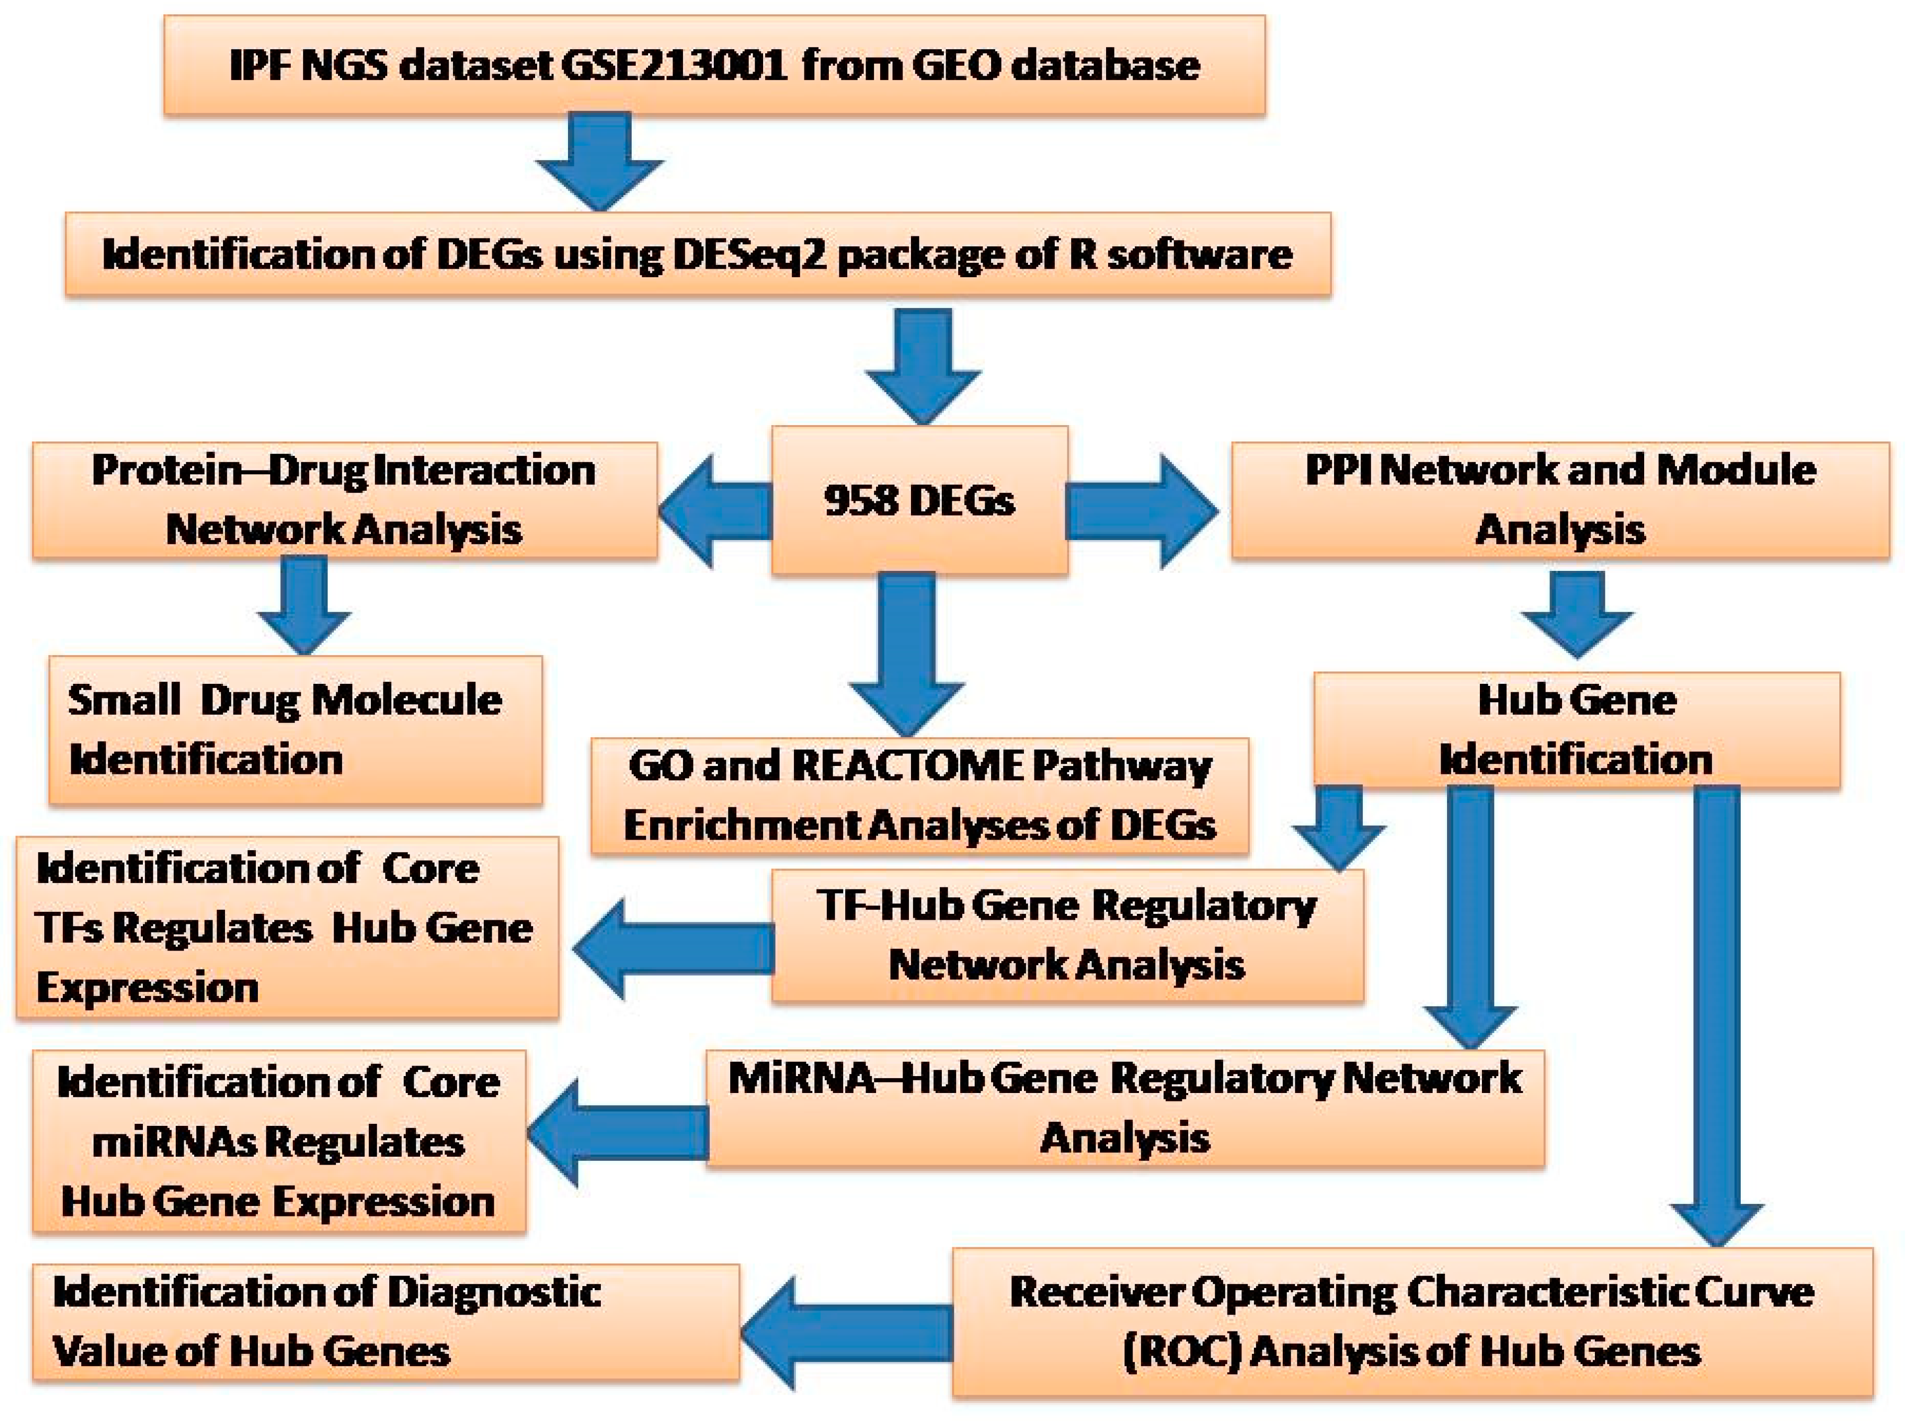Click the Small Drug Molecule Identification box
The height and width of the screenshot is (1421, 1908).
[295, 730]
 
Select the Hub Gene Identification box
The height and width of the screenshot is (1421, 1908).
[1576, 730]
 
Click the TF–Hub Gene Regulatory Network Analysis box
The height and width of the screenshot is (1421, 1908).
[1067, 935]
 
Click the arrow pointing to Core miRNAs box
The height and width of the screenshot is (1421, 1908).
[618, 1133]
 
